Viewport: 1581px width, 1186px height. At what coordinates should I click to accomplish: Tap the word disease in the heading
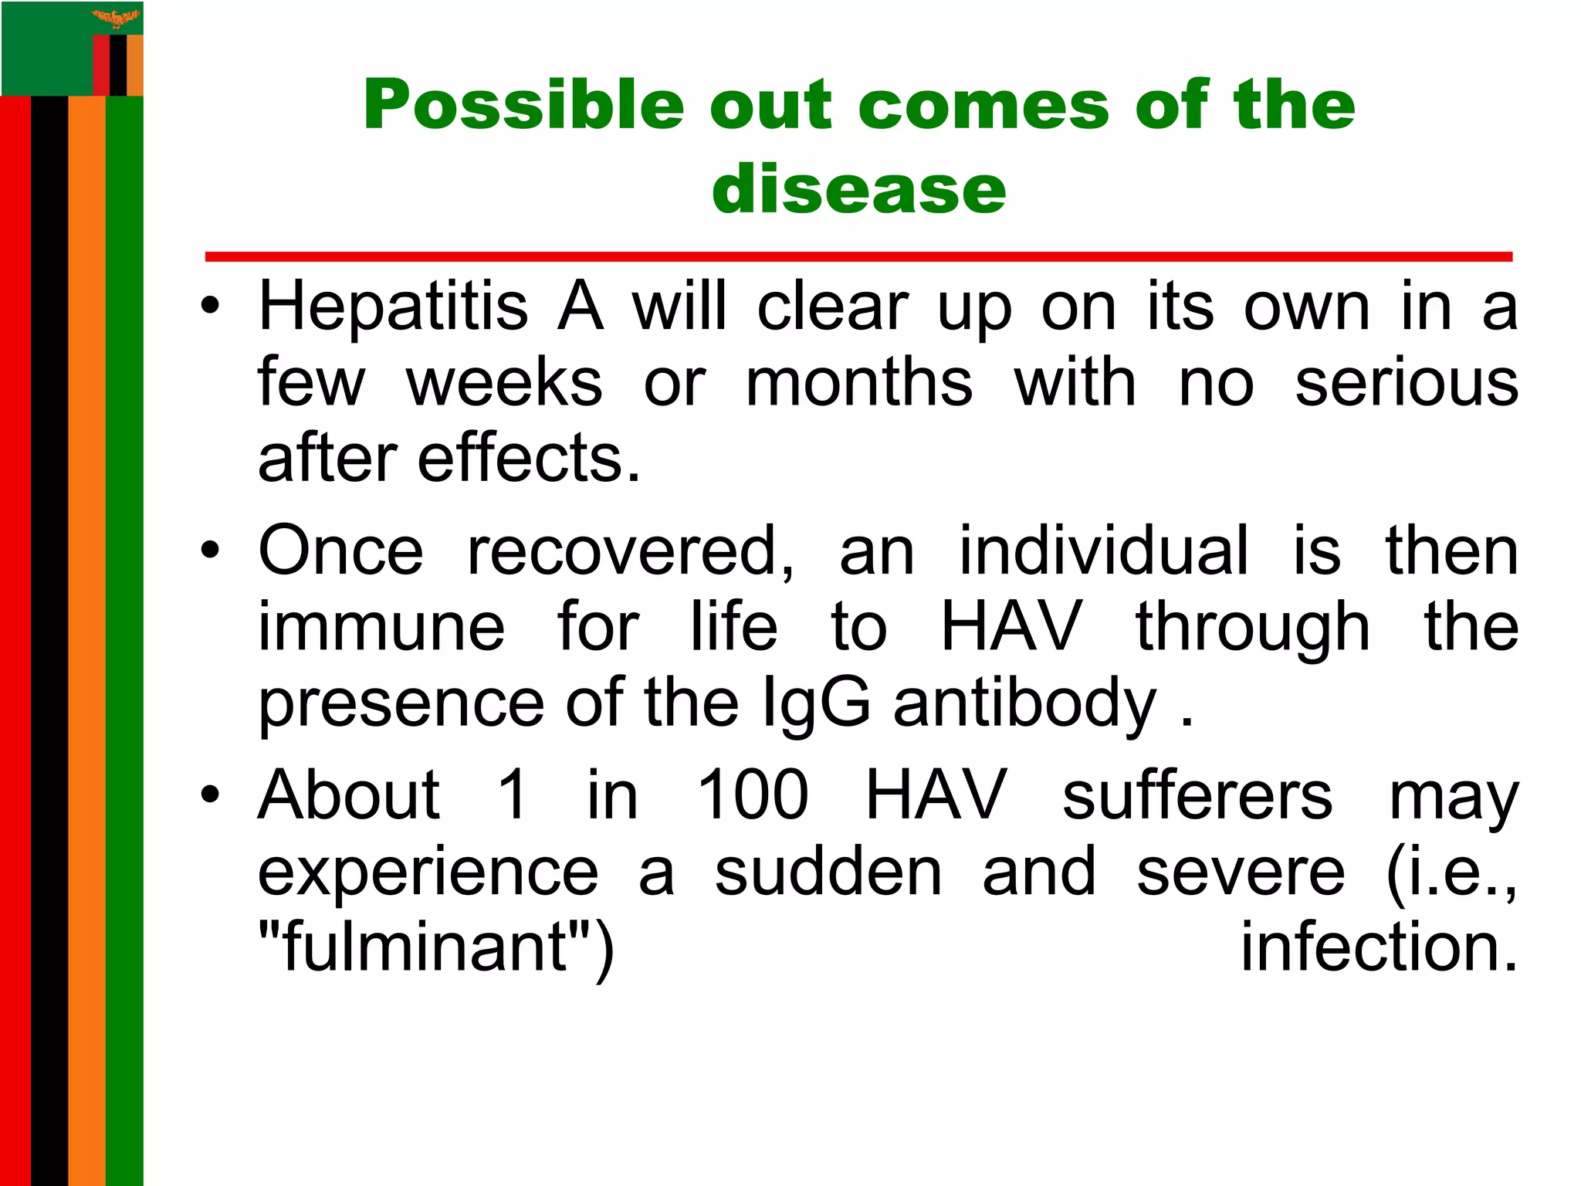click(858, 189)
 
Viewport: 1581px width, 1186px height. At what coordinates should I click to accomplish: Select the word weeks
click(504, 383)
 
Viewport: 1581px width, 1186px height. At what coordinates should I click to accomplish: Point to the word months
click(859, 383)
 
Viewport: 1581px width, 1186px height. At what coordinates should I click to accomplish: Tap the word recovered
click(630, 551)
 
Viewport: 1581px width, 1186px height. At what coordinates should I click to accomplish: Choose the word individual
click(1103, 551)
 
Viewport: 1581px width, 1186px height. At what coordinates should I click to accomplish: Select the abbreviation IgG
click(816, 703)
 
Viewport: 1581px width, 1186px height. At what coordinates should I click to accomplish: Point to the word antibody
click(1025, 703)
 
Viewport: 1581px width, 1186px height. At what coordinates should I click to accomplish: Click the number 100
click(753, 795)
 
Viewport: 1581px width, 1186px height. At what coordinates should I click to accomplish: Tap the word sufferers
click(1197, 795)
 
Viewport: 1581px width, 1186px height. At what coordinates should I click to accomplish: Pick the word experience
click(428, 872)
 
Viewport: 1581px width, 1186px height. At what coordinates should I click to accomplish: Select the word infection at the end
click(1379, 947)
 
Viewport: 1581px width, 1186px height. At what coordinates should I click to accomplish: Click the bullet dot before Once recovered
click(209, 551)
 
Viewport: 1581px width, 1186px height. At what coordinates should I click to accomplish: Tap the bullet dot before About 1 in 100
click(209, 795)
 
